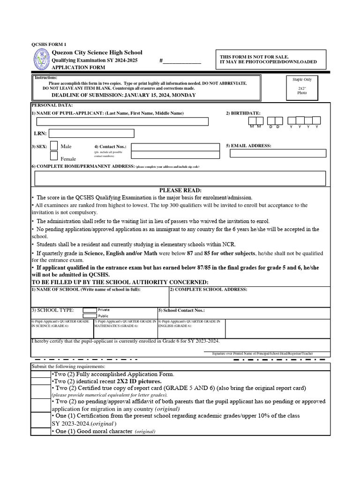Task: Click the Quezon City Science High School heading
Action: [97, 52]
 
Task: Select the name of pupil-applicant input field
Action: [122, 121]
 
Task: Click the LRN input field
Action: [91, 134]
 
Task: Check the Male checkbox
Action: [54, 146]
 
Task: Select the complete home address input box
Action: [180, 179]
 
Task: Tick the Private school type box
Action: [90, 310]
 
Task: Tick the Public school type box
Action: [90, 316]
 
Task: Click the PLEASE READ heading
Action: [180, 190]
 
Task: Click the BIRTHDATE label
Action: [243, 113]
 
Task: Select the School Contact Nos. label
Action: [181, 310]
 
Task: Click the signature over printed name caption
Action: [262, 353]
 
